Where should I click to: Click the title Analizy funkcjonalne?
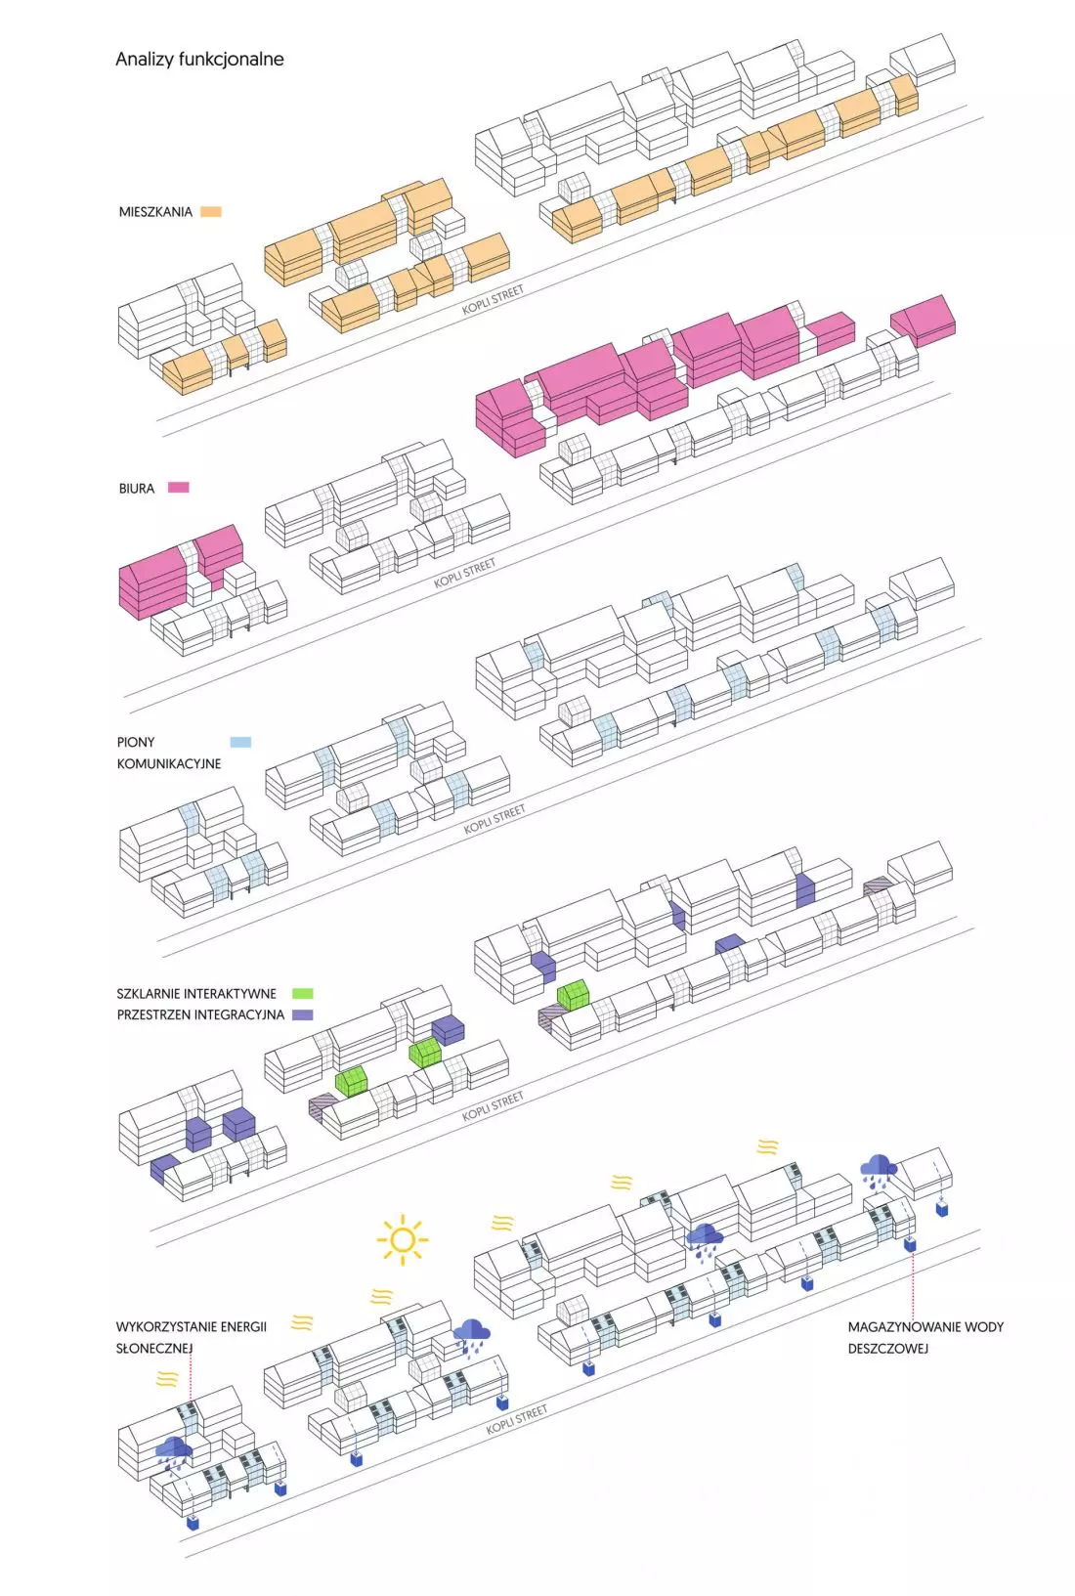(x=199, y=60)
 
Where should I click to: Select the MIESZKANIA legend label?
(x=155, y=212)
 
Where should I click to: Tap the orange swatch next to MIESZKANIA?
(x=211, y=212)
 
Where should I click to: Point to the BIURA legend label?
(x=136, y=488)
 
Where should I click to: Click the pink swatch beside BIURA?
(x=178, y=488)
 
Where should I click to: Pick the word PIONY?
(x=136, y=742)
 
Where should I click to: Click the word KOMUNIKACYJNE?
(x=169, y=764)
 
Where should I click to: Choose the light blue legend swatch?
(x=240, y=742)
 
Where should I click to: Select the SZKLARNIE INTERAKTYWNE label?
(x=196, y=993)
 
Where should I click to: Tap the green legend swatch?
(x=303, y=993)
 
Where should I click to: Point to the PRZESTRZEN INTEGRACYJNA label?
(x=200, y=1014)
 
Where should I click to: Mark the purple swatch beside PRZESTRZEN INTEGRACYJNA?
(x=303, y=1014)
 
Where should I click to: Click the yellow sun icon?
(x=403, y=1239)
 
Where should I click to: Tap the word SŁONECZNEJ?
(x=154, y=1348)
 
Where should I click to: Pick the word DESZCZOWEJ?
(x=887, y=1348)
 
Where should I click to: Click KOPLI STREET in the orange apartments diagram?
(x=493, y=299)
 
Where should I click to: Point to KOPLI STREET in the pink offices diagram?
(x=464, y=573)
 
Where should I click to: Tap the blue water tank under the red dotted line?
(x=910, y=1245)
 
